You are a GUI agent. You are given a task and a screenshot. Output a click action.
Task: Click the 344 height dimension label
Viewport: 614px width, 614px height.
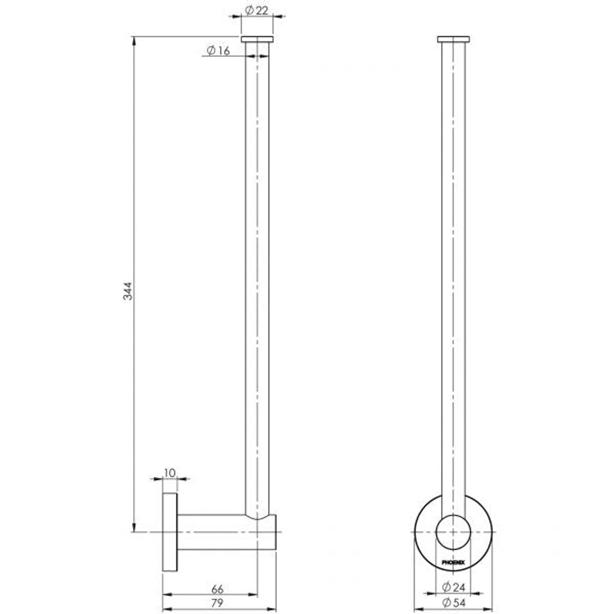click(x=128, y=291)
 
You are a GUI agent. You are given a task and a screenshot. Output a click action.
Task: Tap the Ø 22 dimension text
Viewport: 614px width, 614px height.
click(x=257, y=10)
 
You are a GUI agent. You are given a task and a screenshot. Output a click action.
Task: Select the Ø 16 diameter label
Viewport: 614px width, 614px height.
click(x=218, y=51)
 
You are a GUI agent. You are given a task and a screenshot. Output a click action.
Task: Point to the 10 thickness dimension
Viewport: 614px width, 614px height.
click(x=169, y=473)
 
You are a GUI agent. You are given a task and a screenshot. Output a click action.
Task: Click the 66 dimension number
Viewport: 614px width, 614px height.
click(x=217, y=589)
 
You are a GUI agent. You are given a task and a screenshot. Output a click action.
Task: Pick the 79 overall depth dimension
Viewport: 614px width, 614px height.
click(x=217, y=603)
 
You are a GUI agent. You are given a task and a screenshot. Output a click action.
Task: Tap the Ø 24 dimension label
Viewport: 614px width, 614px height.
click(x=454, y=587)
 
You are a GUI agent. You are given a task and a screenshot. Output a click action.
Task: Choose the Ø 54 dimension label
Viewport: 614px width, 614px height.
click(x=454, y=603)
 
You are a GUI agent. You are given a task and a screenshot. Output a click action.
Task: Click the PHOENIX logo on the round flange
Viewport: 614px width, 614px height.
click(x=454, y=563)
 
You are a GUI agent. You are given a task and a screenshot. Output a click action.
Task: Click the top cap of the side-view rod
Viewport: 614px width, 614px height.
click(x=257, y=39)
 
